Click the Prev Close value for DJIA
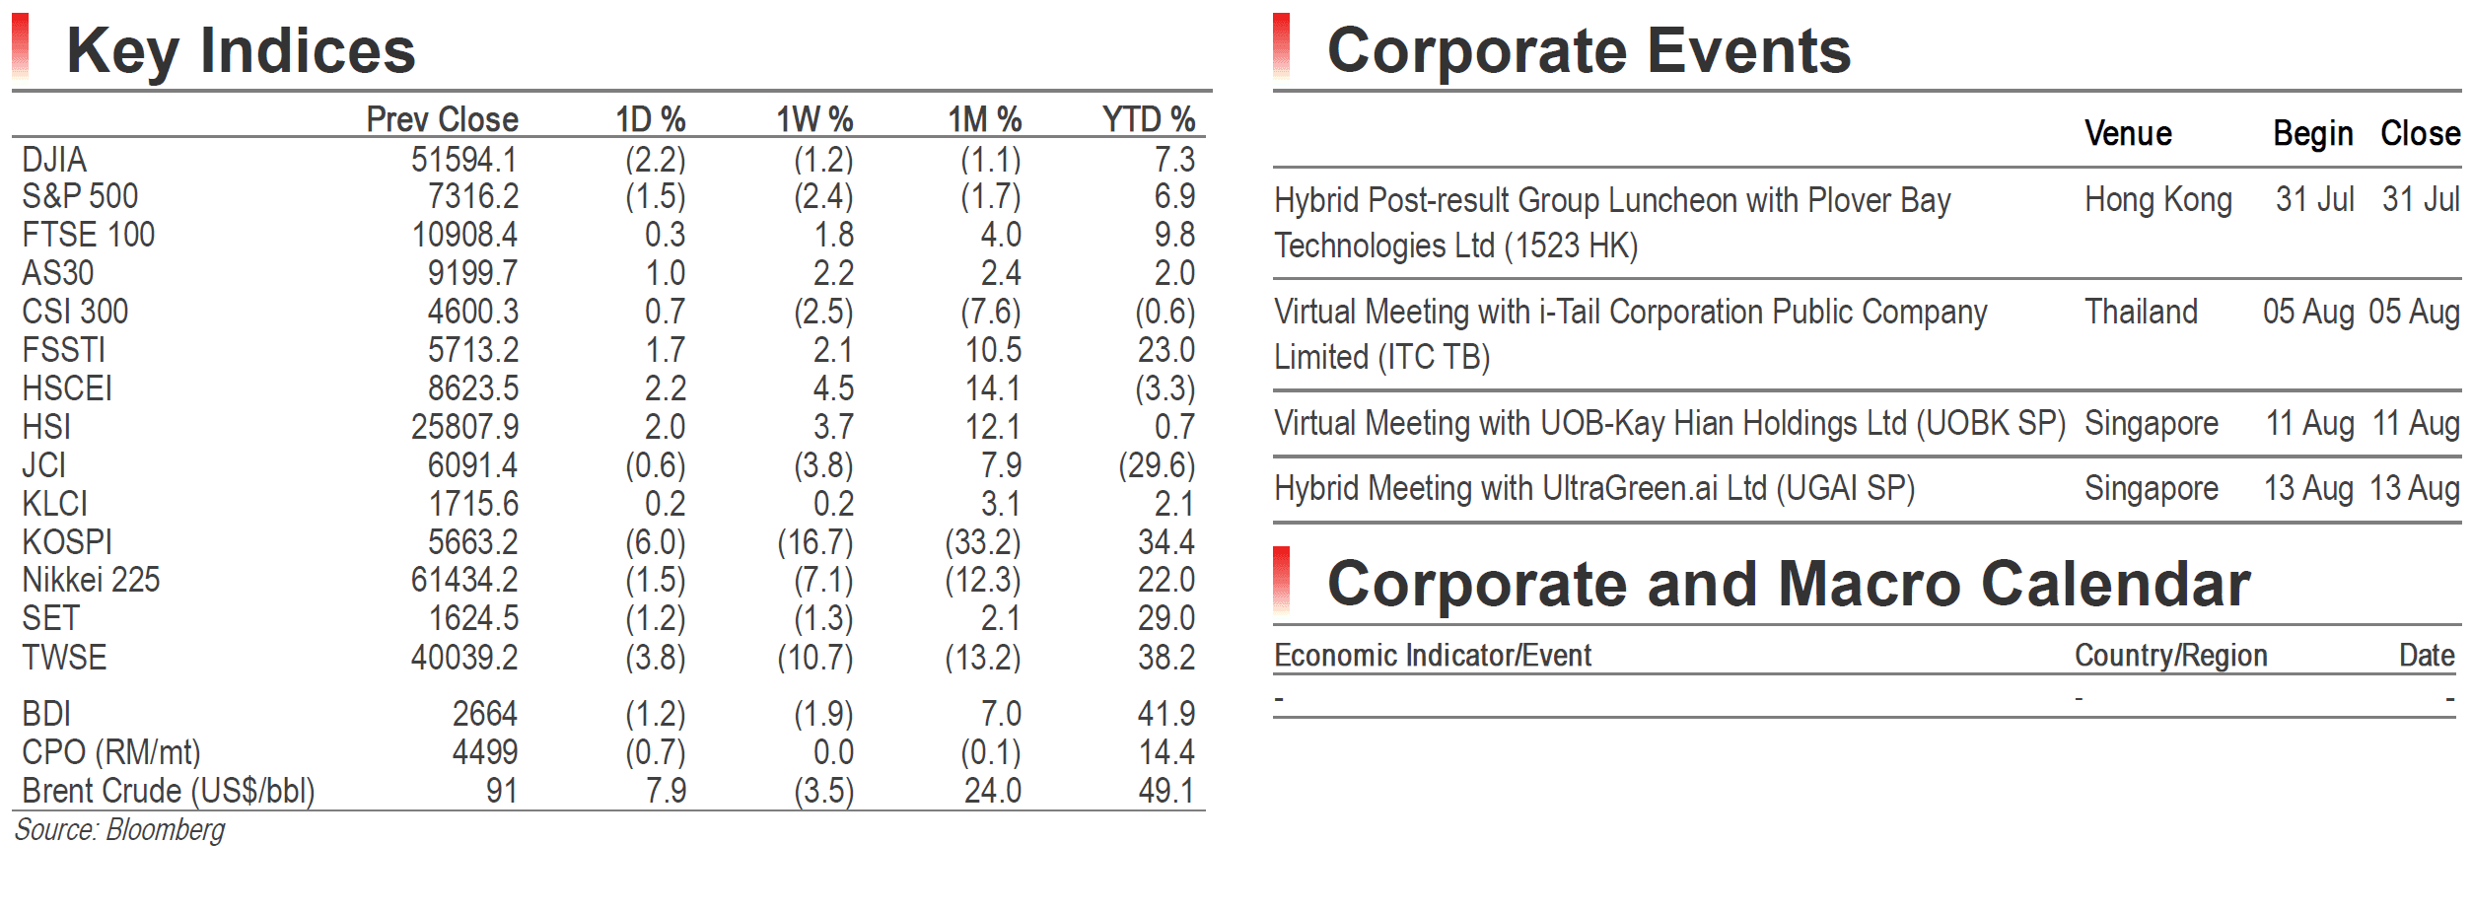click(x=464, y=160)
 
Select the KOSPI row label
click(x=67, y=542)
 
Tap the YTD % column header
click(x=1149, y=119)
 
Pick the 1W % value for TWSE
click(x=815, y=658)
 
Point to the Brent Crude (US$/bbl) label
click(x=169, y=791)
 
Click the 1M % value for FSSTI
click(x=993, y=350)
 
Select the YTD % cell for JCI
click(x=1157, y=465)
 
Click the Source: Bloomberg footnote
click(x=119, y=830)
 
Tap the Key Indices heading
click(x=242, y=50)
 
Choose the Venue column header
click(x=2128, y=133)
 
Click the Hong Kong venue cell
click(x=2157, y=200)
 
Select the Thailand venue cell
click(x=2141, y=312)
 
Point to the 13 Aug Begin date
click(x=2308, y=488)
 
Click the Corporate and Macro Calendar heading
click(x=1789, y=584)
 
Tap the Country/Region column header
click(x=2171, y=656)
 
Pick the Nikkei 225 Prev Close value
click(x=464, y=580)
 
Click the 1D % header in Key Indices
click(x=651, y=119)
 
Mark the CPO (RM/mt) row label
click(x=111, y=752)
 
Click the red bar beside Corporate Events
click(x=1282, y=45)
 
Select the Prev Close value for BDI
click(x=485, y=714)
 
